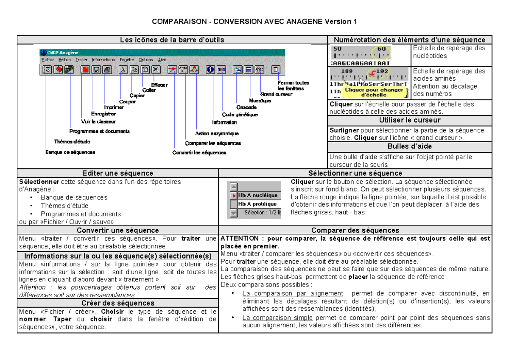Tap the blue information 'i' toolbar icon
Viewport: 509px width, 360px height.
[210, 70]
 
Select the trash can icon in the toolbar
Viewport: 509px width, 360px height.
[276, 70]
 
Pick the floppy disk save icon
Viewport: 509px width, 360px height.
[96, 70]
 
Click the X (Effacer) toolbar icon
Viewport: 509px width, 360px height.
[156, 70]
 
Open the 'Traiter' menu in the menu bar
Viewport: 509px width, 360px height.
[81, 60]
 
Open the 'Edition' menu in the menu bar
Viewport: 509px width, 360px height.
[64, 60]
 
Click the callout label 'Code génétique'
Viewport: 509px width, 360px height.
[240, 114]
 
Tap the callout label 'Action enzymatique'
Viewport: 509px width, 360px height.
[217, 133]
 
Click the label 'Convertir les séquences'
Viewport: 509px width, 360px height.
[199, 152]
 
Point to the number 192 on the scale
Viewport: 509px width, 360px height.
[382, 71]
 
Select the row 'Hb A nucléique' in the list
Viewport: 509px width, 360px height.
[257, 195]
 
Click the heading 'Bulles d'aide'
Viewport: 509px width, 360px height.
[409, 146]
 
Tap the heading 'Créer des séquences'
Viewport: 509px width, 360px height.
[117, 303]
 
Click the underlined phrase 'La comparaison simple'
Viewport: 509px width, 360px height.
[277, 318]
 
